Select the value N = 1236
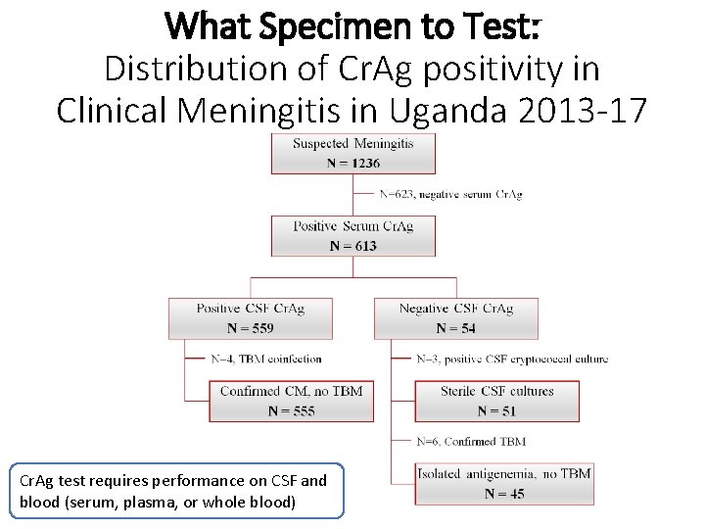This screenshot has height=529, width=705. (352, 163)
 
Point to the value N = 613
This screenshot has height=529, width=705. (352, 245)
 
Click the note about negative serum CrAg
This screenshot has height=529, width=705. (450, 194)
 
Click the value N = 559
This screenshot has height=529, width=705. (250, 328)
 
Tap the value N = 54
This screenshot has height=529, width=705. (455, 328)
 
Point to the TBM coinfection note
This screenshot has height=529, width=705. (265, 359)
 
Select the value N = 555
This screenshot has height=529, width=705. (291, 411)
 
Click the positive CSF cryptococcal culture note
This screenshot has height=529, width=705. (512, 359)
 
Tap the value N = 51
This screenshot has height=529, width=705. (496, 411)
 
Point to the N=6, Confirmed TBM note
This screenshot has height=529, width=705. (471, 442)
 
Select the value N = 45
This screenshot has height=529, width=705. (504, 494)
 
